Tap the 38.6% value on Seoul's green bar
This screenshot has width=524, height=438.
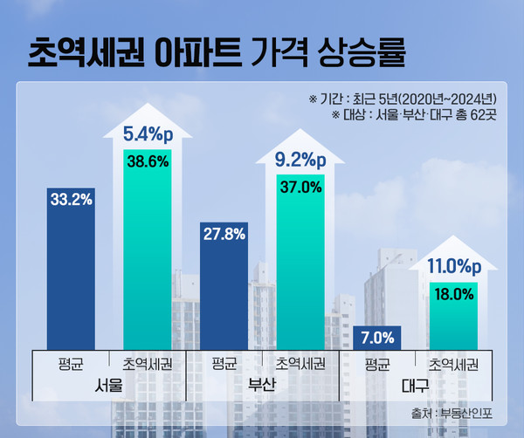(147, 162)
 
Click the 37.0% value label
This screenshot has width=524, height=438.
(300, 186)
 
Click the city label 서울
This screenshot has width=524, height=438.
(109, 384)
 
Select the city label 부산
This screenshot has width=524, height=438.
(262, 384)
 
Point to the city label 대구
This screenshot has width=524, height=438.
(415, 384)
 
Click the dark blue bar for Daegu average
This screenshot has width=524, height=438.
(376, 340)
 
